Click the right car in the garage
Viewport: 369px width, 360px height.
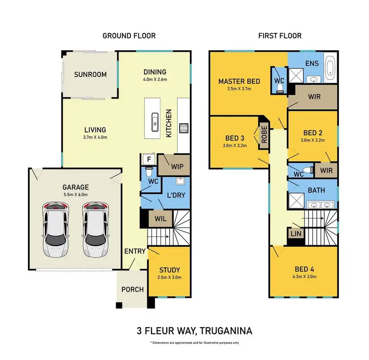[x=94, y=229]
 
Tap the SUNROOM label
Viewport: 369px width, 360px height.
[x=90, y=75]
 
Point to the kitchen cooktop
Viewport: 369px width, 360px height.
[x=184, y=128]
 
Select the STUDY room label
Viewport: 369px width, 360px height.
[x=169, y=270]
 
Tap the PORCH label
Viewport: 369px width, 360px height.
[x=132, y=290]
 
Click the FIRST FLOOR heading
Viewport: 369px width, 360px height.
[x=279, y=35]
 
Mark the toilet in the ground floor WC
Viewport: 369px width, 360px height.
[x=148, y=174]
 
